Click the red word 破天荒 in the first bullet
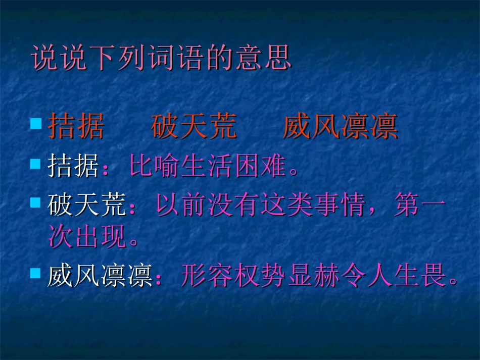[194, 127]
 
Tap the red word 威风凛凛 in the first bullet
[340, 127]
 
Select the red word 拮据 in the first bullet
[76, 127]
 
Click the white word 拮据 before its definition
[73, 167]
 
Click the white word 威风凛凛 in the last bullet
[100, 276]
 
